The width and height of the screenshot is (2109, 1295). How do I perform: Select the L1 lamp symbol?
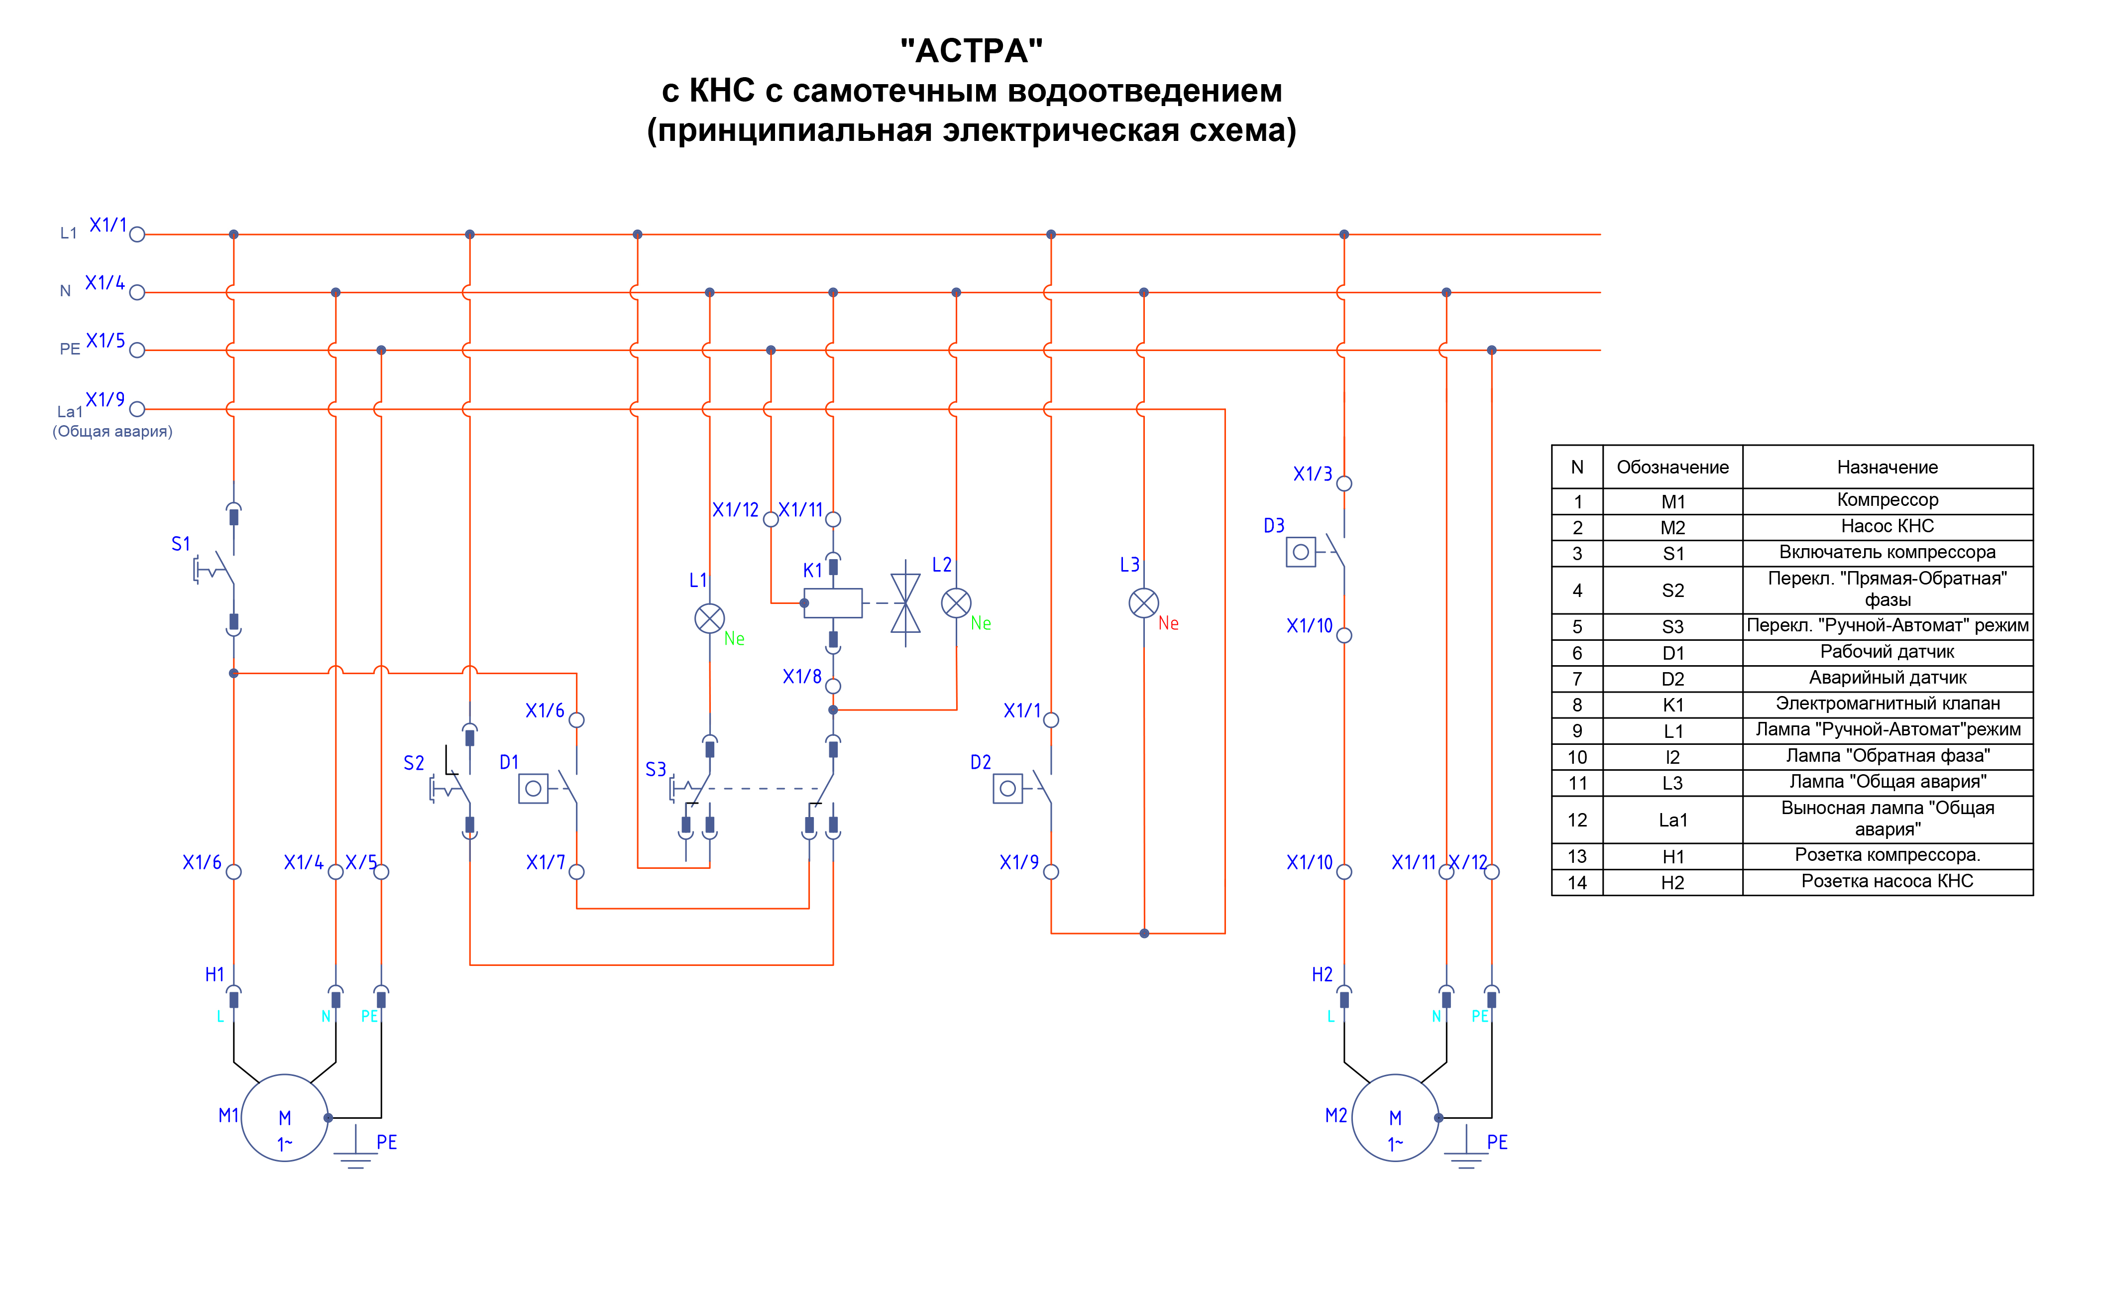tap(710, 618)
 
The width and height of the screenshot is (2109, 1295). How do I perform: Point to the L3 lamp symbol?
tap(1144, 603)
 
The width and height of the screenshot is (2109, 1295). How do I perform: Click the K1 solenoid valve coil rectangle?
tap(833, 603)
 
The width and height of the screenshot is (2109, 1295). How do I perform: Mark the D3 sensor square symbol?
tap(1301, 553)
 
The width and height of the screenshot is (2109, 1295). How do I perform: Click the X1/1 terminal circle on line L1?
tap(137, 235)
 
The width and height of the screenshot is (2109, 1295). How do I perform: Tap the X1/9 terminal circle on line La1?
tap(137, 409)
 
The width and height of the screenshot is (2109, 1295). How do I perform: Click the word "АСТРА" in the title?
tap(971, 51)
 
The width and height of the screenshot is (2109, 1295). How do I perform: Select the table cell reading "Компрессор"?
tap(1887, 500)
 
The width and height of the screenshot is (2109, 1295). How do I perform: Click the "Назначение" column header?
tap(1887, 468)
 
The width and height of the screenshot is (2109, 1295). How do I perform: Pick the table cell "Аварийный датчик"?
tap(1887, 678)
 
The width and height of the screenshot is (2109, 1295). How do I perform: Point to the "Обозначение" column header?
tap(1672, 468)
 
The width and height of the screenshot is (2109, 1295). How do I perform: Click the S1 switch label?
tap(181, 544)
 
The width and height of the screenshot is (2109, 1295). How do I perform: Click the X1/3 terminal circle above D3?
tap(1344, 484)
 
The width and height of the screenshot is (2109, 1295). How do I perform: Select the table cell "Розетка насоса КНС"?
tap(1887, 881)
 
